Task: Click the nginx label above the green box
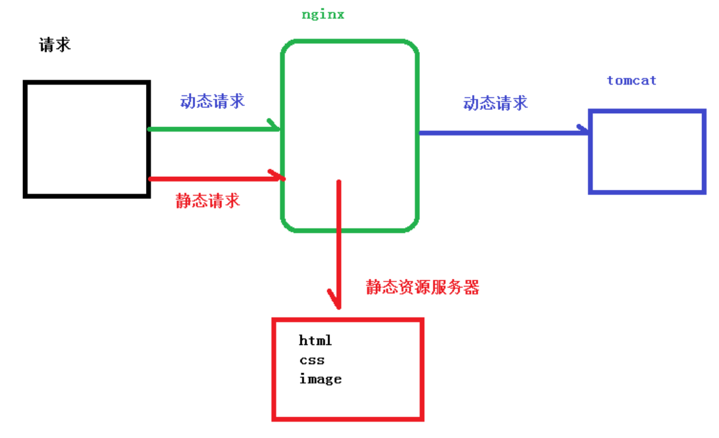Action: [323, 14]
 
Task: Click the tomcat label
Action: [631, 81]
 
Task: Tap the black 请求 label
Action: [55, 45]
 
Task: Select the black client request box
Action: [87, 139]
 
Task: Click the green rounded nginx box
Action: [350, 136]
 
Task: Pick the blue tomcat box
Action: [647, 152]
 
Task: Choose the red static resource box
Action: [348, 369]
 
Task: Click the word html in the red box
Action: [316, 340]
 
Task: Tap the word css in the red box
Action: [312, 359]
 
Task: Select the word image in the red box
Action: [320, 378]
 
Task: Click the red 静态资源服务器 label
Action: [422, 287]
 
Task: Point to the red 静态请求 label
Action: [208, 200]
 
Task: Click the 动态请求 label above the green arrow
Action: [212, 101]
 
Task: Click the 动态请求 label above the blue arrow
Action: [495, 103]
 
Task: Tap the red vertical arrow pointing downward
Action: [339, 242]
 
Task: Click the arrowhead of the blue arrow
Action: [584, 130]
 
